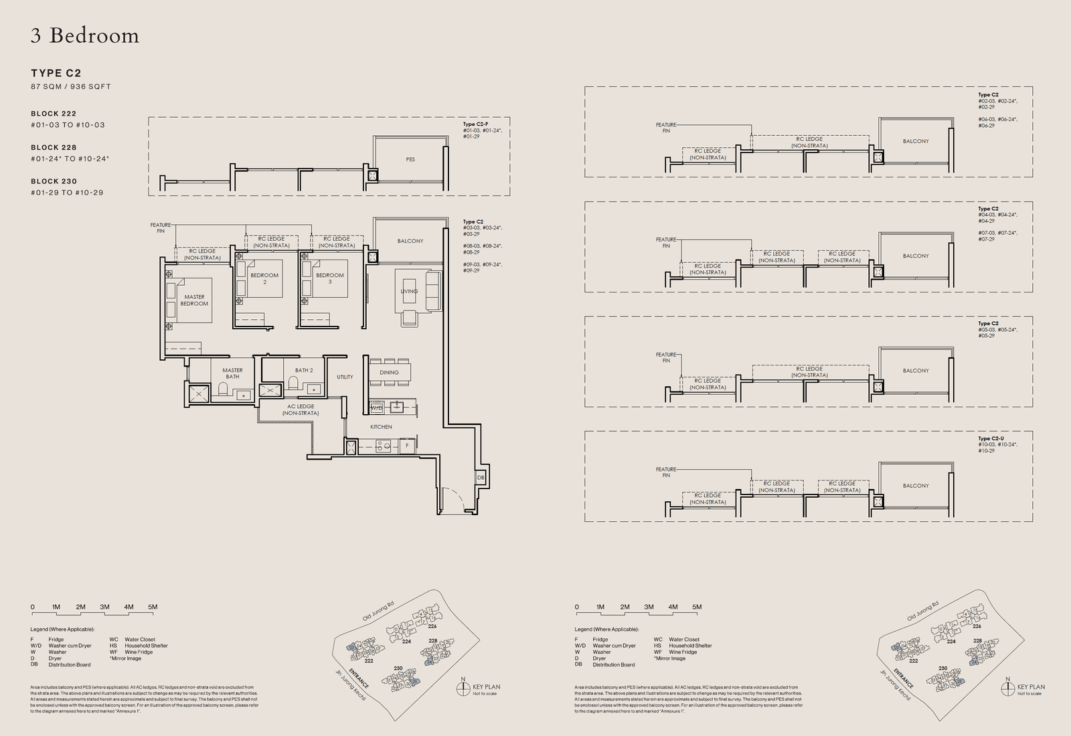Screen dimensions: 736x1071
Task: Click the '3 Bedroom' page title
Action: click(x=85, y=35)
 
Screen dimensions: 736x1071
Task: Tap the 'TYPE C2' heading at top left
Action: click(x=56, y=73)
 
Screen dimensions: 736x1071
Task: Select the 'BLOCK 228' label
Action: click(x=54, y=147)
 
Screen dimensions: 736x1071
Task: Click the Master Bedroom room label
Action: click(x=194, y=300)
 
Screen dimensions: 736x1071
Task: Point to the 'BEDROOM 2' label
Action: click(x=264, y=278)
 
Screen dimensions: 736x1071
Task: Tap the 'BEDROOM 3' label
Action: click(x=330, y=278)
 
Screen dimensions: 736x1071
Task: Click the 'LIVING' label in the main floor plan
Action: click(x=409, y=291)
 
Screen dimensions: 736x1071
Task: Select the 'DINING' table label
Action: click(x=389, y=372)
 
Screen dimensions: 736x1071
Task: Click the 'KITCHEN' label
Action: click(x=381, y=427)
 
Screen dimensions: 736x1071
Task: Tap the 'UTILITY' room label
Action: click(x=345, y=377)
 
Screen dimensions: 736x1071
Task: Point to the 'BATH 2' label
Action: click(x=303, y=370)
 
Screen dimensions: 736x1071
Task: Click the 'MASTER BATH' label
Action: click(x=232, y=373)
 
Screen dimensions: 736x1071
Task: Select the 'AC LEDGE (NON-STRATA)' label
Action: click(x=301, y=409)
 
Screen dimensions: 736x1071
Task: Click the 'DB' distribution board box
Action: click(x=481, y=478)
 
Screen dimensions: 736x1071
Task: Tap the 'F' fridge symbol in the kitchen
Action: click(x=406, y=445)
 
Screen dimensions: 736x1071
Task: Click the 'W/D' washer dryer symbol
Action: click(x=376, y=407)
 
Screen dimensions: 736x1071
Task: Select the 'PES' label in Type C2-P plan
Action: click(x=410, y=159)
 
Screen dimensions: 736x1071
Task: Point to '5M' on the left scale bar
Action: click(x=153, y=607)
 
